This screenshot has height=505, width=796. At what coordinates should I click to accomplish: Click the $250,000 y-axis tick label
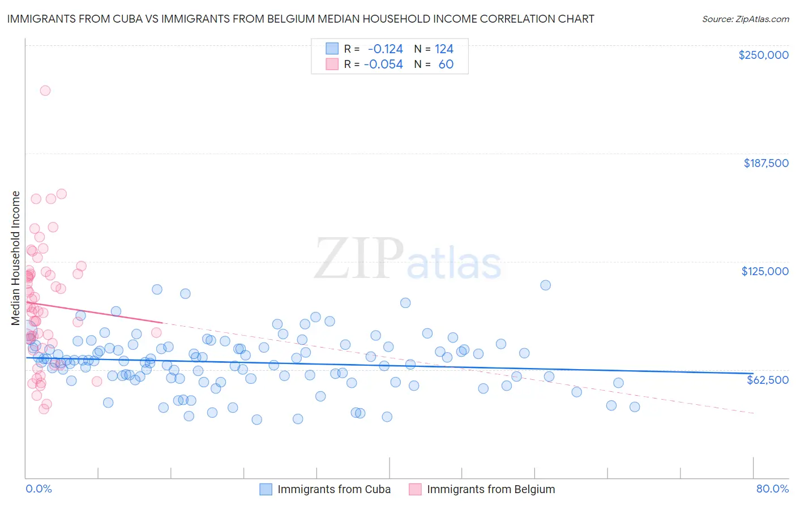[x=763, y=55]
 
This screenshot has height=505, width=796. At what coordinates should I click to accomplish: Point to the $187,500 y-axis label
[x=765, y=163]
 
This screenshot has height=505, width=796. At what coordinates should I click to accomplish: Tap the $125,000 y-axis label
[x=765, y=271]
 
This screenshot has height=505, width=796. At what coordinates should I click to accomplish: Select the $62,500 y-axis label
[x=767, y=380]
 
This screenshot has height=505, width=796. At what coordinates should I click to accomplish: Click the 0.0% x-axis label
[x=38, y=489]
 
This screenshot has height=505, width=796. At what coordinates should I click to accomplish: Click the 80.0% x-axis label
[x=772, y=489]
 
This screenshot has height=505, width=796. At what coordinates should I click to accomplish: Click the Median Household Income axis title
[x=15, y=258]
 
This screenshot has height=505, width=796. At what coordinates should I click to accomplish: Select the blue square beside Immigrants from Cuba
[x=266, y=489]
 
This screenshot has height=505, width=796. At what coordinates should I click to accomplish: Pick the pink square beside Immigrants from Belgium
[x=415, y=489]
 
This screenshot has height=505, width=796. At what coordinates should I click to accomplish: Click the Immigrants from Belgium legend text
[x=491, y=489]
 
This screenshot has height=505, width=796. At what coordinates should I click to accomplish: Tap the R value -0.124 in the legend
[x=385, y=49]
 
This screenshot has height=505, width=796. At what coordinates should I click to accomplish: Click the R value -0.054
[x=383, y=65]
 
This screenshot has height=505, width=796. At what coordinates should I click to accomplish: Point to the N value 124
[x=444, y=49]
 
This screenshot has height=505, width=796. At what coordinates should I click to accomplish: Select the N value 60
[x=446, y=65]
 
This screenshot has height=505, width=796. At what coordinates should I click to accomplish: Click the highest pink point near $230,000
[x=45, y=91]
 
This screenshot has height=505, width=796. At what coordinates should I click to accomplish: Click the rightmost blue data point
[x=635, y=407]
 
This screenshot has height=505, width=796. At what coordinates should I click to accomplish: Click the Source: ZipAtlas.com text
[x=745, y=19]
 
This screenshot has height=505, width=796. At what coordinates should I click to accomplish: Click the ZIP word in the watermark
[x=358, y=258]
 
